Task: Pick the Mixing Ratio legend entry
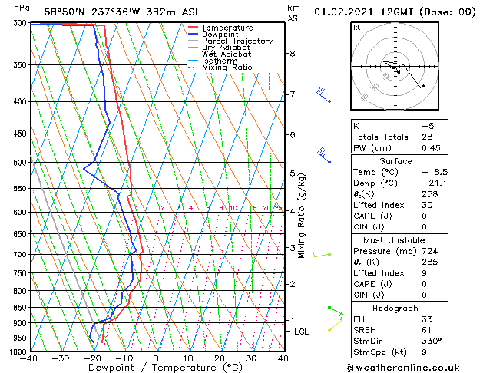[x=227, y=68]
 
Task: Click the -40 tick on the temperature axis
[x=30, y=358]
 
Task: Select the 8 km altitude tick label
[x=292, y=54]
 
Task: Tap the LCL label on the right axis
[x=302, y=332]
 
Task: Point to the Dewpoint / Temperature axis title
[x=157, y=368]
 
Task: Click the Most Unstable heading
[x=396, y=240]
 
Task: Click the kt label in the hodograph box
[x=357, y=28]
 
